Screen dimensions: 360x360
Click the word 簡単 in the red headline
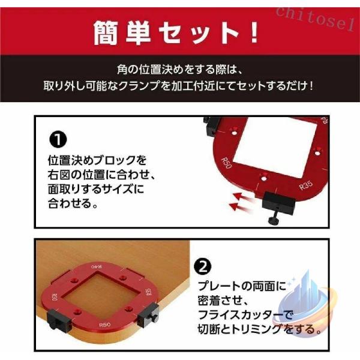click(x=122, y=33)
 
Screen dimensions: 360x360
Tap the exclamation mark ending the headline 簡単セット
click(x=254, y=33)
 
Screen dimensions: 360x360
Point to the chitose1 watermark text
click(x=316, y=19)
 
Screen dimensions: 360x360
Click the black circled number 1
click(x=58, y=139)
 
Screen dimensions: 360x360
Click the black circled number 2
click(x=203, y=266)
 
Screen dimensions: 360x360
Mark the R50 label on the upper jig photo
click(x=226, y=163)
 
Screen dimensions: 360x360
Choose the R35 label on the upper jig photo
click(x=306, y=185)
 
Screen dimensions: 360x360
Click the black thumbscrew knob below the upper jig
click(x=274, y=220)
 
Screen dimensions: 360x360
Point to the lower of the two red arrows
click(x=240, y=207)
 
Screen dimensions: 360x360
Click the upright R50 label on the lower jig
click(x=104, y=325)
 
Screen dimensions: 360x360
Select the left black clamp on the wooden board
click(x=59, y=319)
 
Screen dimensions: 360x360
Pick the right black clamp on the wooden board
click(x=148, y=315)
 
